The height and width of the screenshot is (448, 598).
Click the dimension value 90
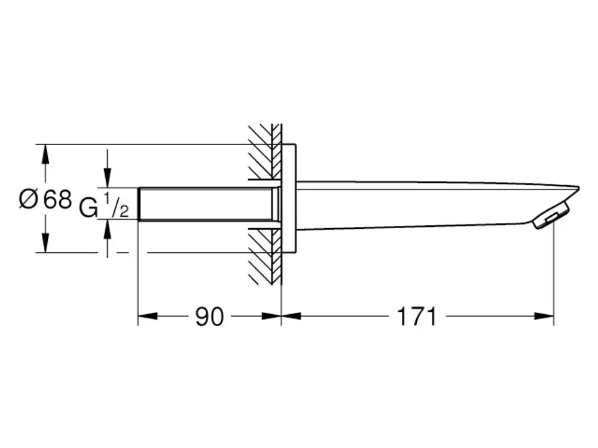209,317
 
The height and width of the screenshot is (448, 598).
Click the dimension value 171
416,317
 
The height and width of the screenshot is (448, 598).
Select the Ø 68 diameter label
45,200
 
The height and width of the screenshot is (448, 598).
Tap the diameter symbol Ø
28,200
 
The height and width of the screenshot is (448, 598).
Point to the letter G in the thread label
89,208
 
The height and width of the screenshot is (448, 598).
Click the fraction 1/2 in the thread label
116,205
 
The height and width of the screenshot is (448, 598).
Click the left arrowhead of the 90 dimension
148,316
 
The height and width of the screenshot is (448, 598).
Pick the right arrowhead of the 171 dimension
544,316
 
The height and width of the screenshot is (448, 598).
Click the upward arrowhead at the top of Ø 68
45,154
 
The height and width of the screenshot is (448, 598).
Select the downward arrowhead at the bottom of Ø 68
45,243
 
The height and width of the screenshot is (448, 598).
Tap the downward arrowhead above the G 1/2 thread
108,177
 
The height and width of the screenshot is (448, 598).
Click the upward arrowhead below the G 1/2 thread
108,229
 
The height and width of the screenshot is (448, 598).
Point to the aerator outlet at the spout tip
551,217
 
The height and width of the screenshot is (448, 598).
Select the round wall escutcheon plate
289,198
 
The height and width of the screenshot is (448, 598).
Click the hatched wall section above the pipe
265,152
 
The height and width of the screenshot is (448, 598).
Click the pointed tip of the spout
578,188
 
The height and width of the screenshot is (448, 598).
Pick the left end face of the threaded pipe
138,204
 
